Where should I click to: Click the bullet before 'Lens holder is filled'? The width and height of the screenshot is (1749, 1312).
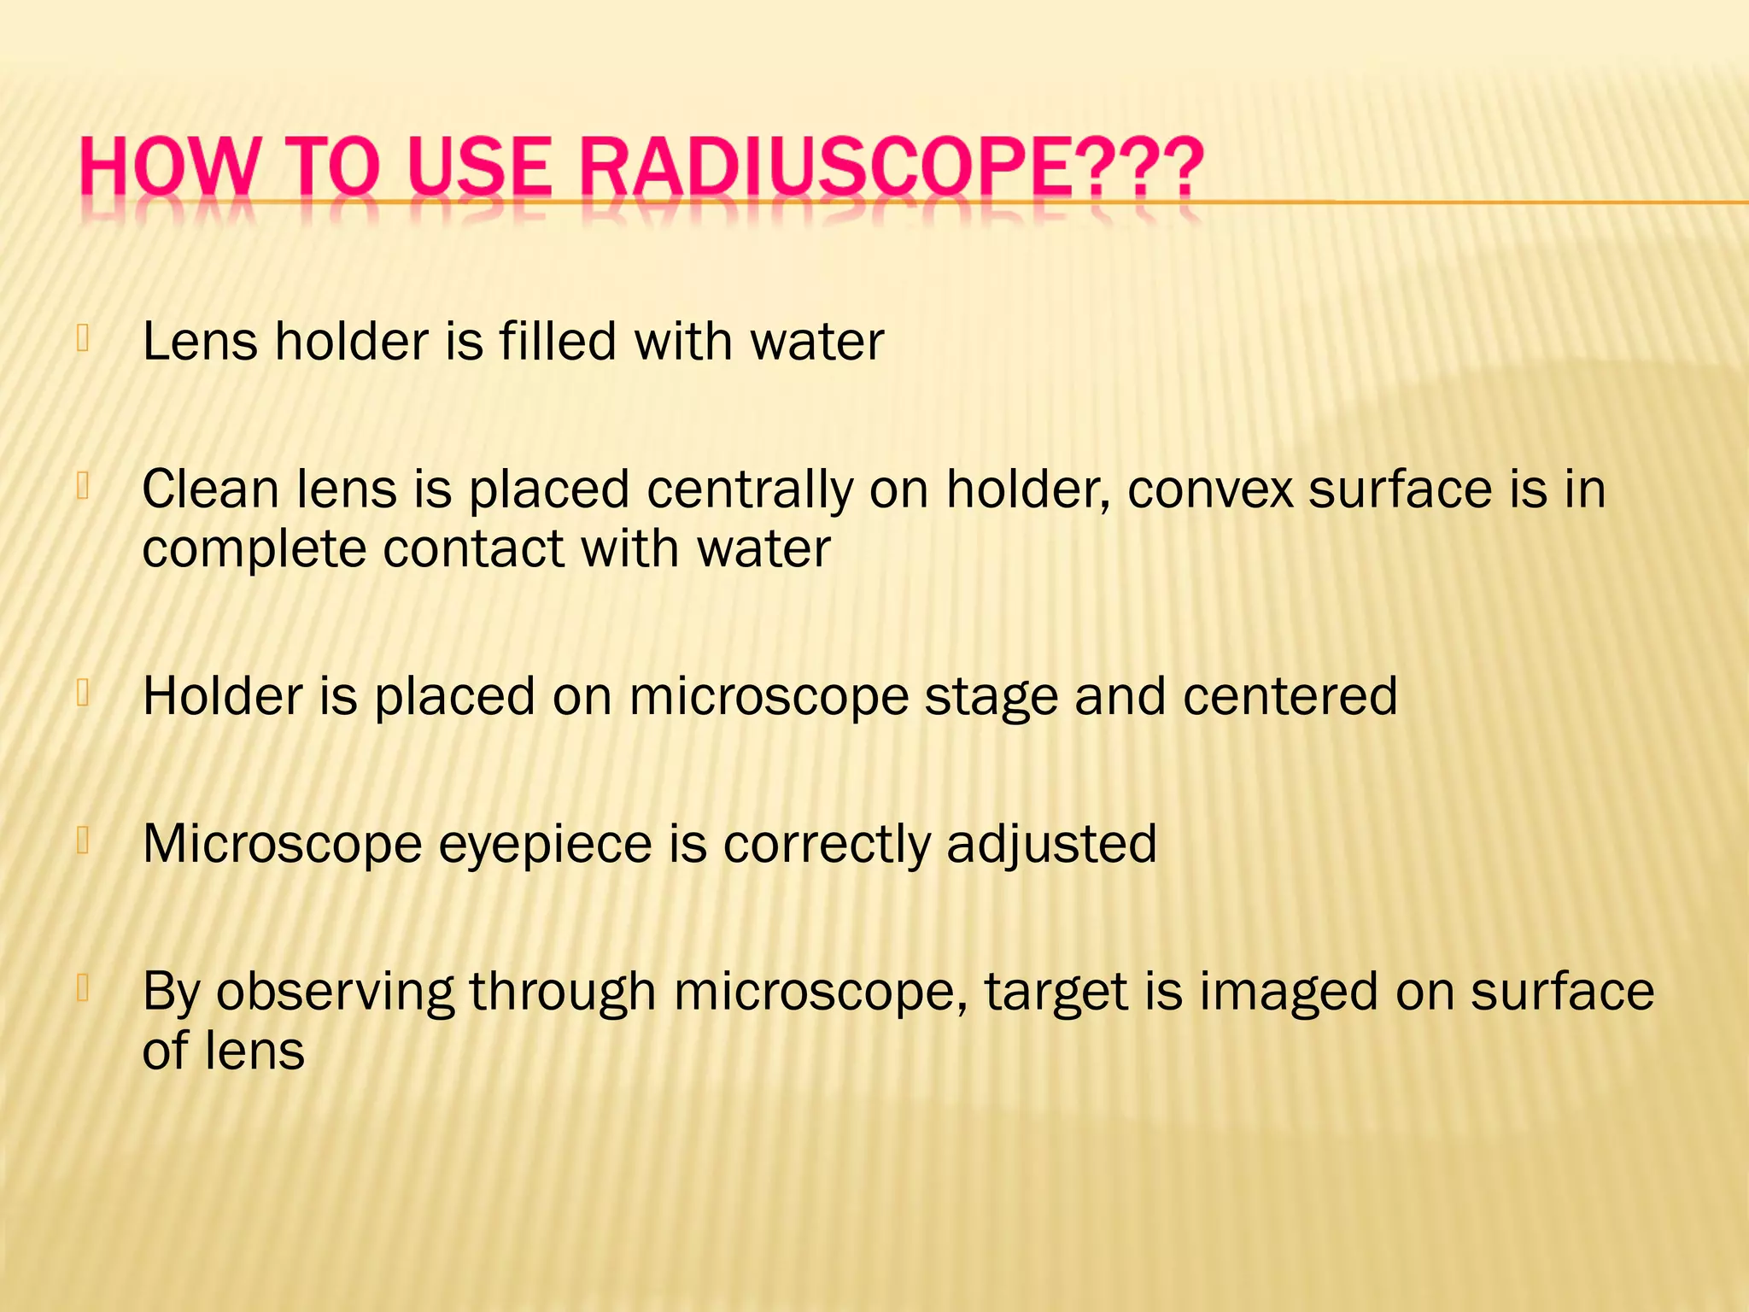[x=83, y=339]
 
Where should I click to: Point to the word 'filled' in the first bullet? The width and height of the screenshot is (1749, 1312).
[x=557, y=342]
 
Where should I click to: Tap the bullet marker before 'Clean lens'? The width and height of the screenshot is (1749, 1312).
[x=83, y=487]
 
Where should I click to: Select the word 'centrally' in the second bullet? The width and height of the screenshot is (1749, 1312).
[x=750, y=490]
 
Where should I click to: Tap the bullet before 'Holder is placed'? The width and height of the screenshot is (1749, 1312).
[x=83, y=693]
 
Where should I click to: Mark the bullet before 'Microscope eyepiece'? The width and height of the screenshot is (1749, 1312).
[x=83, y=841]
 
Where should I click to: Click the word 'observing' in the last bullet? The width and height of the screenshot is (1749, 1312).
[x=334, y=993]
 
